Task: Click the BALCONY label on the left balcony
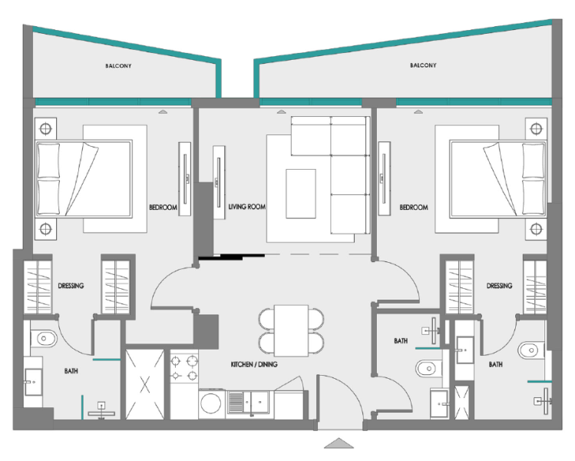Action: (118, 66)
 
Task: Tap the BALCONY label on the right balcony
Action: (423, 66)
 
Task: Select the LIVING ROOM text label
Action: (246, 207)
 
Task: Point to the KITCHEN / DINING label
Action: (254, 364)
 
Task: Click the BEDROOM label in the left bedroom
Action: (163, 207)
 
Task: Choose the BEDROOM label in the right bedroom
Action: (415, 207)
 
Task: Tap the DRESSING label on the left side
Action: (71, 286)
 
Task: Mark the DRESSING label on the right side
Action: (499, 286)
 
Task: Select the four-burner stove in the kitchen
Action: (184, 367)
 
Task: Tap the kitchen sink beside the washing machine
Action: (250, 400)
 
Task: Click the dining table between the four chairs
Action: (291, 328)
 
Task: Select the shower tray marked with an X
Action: (146, 383)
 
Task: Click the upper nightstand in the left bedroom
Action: (45, 128)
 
